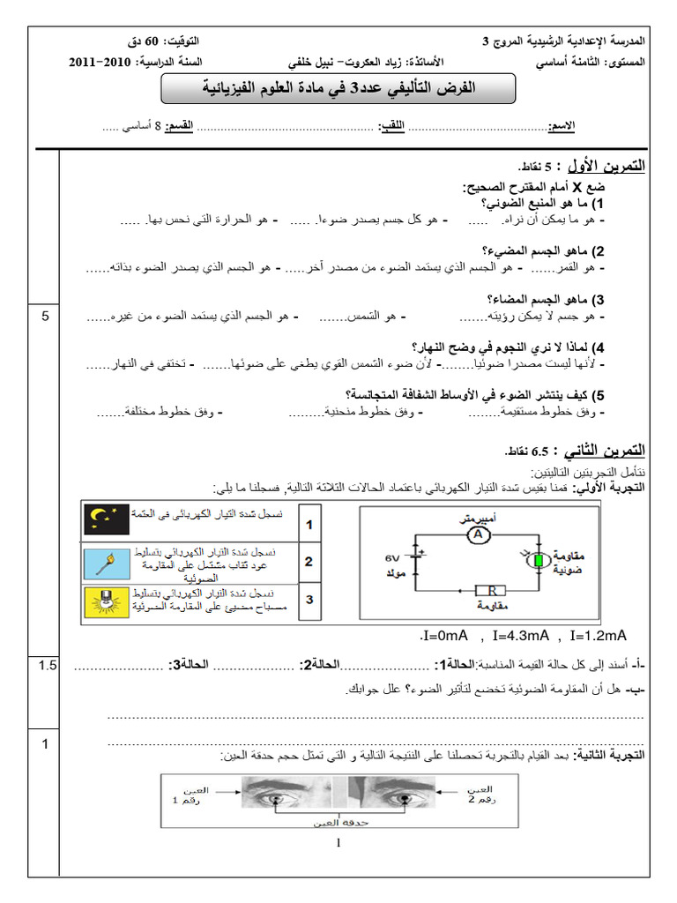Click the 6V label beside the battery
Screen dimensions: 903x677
click(x=391, y=558)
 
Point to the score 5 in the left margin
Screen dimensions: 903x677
click(x=46, y=317)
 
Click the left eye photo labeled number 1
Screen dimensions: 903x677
click(x=294, y=791)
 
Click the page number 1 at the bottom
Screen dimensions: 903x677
click(x=338, y=844)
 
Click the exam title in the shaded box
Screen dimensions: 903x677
click(x=339, y=88)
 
